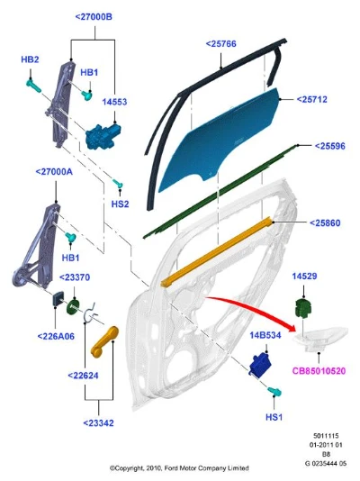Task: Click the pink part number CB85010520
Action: [x=319, y=371]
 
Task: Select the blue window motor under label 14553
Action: [x=103, y=136]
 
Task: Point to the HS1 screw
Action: [x=274, y=392]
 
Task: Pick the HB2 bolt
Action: [x=33, y=86]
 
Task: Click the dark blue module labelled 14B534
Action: [x=260, y=364]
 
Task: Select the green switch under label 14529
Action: [x=303, y=309]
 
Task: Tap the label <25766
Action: [x=220, y=44]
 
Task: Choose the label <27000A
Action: [x=54, y=172]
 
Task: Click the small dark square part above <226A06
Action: [x=58, y=299]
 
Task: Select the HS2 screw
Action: [x=118, y=184]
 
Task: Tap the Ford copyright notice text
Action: [x=179, y=468]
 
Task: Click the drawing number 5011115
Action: [x=326, y=436]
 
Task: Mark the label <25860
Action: [x=325, y=223]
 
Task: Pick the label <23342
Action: [x=98, y=423]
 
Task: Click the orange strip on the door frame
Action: [x=216, y=252]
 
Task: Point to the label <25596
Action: [x=330, y=146]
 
